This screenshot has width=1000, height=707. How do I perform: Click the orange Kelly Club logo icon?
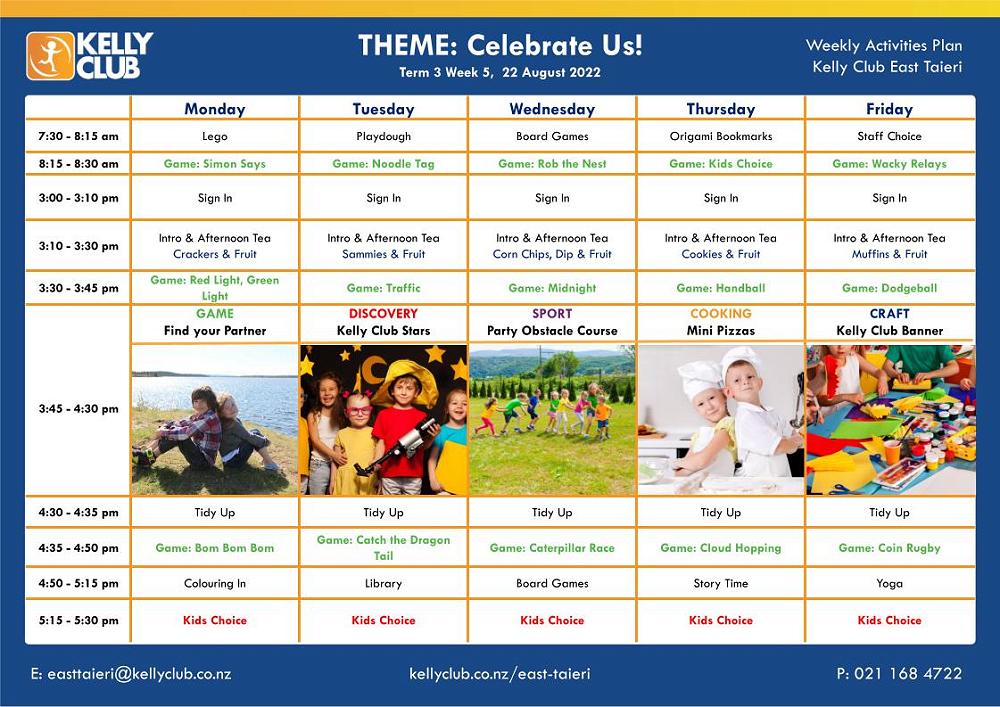pos(50,56)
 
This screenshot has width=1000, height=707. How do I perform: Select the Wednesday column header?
pos(552,109)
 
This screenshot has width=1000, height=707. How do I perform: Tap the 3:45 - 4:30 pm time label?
pos(78,409)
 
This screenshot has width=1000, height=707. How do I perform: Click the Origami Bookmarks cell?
pos(721,136)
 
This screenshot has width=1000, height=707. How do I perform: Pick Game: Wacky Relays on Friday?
pos(889,164)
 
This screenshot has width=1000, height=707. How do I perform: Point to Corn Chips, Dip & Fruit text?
pos(552,254)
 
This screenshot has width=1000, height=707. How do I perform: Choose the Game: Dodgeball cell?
pos(889,288)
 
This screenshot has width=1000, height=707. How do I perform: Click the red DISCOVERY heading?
pos(383,314)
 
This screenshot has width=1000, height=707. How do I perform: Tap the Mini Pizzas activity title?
pos(721,331)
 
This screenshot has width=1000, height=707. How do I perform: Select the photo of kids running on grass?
pos(552,420)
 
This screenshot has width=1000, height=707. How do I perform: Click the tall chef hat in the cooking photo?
pos(741,361)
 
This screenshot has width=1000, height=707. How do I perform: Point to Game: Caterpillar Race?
pos(552,548)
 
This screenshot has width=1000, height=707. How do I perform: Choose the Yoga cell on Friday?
pos(889,583)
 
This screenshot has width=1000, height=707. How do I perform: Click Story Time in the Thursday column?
pos(721,583)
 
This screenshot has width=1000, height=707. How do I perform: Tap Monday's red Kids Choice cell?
pos(215,620)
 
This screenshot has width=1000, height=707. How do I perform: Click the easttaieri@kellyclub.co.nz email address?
pos(131,674)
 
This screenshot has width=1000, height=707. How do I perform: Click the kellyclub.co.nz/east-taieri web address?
pos(499,674)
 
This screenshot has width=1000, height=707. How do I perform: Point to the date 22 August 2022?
pos(551,72)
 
